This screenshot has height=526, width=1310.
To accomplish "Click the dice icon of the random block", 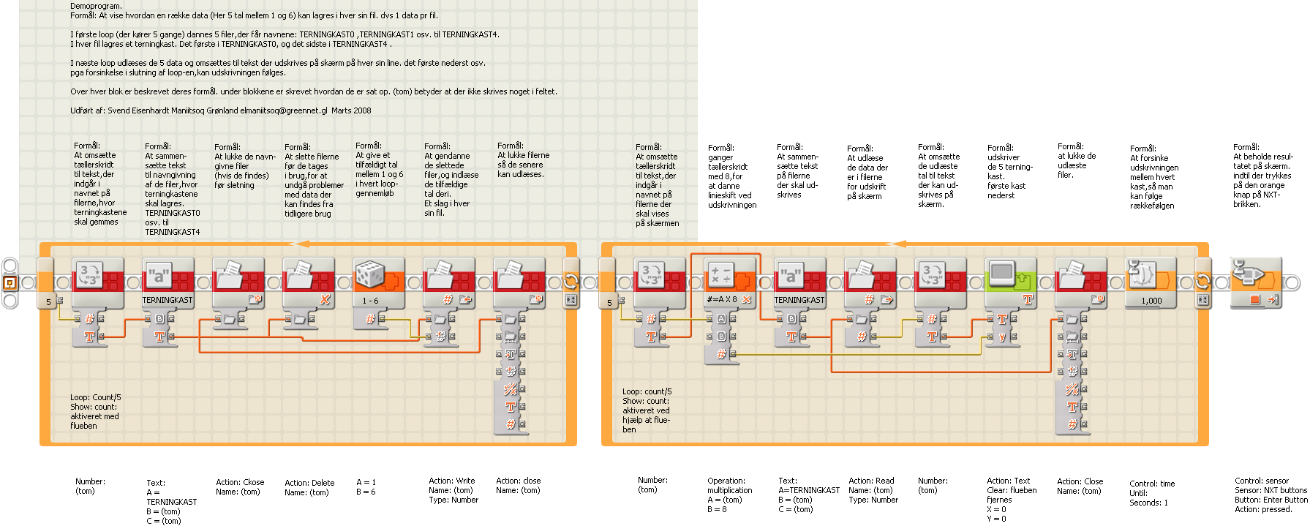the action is (370, 276).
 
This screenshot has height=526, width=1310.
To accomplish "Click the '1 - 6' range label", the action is (370, 301).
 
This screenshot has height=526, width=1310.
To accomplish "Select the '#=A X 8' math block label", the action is (722, 300).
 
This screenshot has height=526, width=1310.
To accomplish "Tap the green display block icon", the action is (1002, 276).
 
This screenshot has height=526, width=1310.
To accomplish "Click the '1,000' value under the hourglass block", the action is (1151, 301).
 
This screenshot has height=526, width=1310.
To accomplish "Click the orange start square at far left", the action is (10, 282).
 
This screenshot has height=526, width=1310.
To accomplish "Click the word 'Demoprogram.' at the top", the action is (96, 6).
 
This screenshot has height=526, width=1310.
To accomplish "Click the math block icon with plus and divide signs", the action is (721, 276).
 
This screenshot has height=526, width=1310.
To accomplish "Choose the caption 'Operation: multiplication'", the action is (729, 486).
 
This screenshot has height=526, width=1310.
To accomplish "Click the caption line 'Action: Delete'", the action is (309, 483).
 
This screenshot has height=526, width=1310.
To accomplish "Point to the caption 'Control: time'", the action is (1152, 484).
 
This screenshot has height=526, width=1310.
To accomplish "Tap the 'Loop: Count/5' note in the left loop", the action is (96, 397).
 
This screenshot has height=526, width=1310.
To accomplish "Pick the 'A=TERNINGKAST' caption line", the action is (809, 490).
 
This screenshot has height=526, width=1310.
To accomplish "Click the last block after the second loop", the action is (1257, 282).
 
